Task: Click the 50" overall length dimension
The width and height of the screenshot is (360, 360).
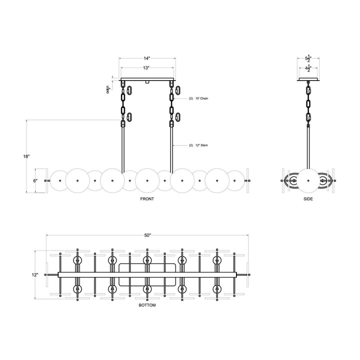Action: (147, 235)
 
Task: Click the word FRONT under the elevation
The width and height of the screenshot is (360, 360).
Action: (147, 198)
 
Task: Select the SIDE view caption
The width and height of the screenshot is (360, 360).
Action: (308, 198)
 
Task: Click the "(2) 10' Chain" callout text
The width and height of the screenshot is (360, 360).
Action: (198, 99)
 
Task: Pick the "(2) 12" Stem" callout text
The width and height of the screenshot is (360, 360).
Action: (198, 145)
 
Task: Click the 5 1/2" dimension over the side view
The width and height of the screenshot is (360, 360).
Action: (308, 58)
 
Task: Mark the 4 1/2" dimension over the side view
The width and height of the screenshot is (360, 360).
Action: (308, 69)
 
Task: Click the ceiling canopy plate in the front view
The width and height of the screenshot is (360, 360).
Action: (147, 79)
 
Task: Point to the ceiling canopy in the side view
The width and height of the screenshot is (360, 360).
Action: (308, 79)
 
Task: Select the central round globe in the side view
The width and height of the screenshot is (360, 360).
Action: (308, 180)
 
